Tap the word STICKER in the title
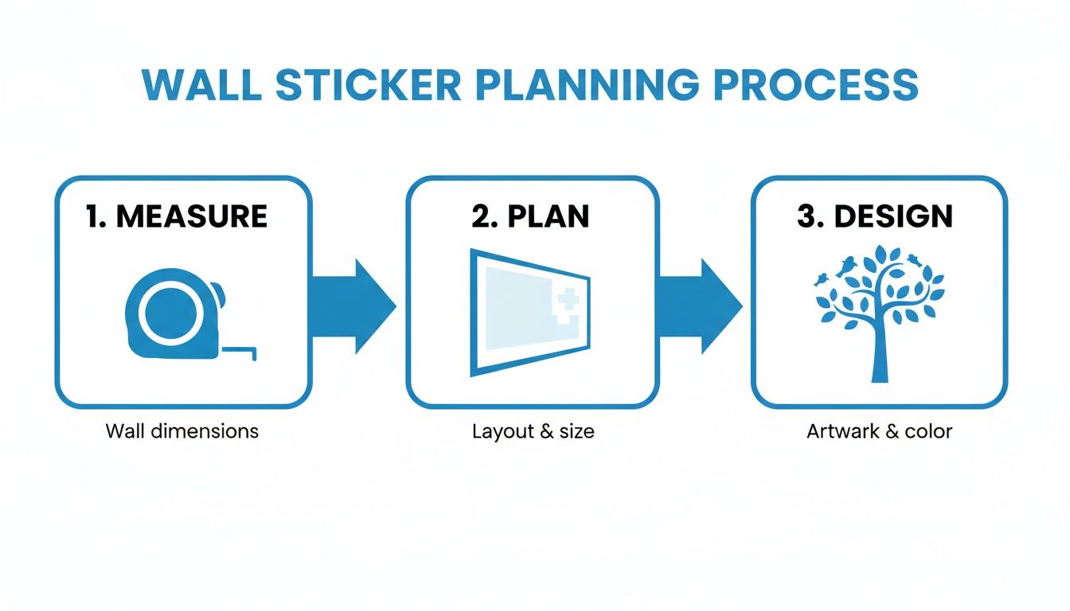[x=368, y=85]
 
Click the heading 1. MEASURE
[x=176, y=216]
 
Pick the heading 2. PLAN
[x=530, y=216]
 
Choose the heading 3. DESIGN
[x=874, y=216]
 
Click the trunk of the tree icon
[x=879, y=350]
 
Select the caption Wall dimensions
[x=182, y=431]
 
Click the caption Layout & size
[x=533, y=432]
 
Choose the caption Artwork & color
[x=879, y=432]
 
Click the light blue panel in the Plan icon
[x=517, y=310]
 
